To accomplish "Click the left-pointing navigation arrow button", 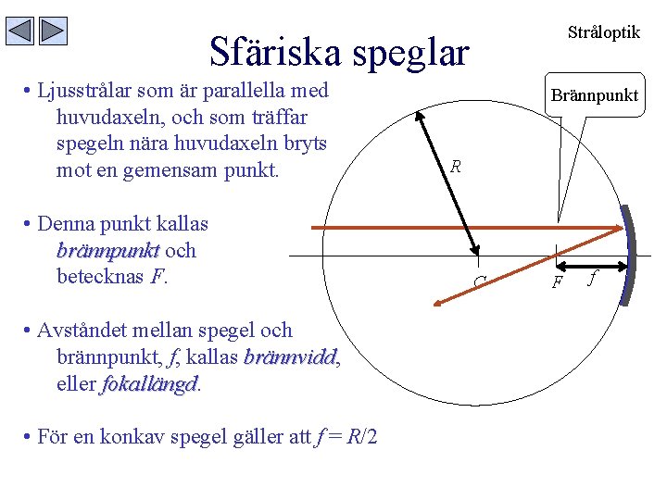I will coord(20,31).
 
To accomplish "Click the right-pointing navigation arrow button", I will coord(54,31).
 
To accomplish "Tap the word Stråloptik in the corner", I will coord(603,32).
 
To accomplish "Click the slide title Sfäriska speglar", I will coord(339,52).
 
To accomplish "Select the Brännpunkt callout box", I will coord(594,95).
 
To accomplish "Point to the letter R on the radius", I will coord(456,168).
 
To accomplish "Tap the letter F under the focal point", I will coord(558,282).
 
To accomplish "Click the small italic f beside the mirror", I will coord(594,277).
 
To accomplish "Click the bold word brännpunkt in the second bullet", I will coord(107,250).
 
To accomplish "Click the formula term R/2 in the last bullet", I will coord(361,436).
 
